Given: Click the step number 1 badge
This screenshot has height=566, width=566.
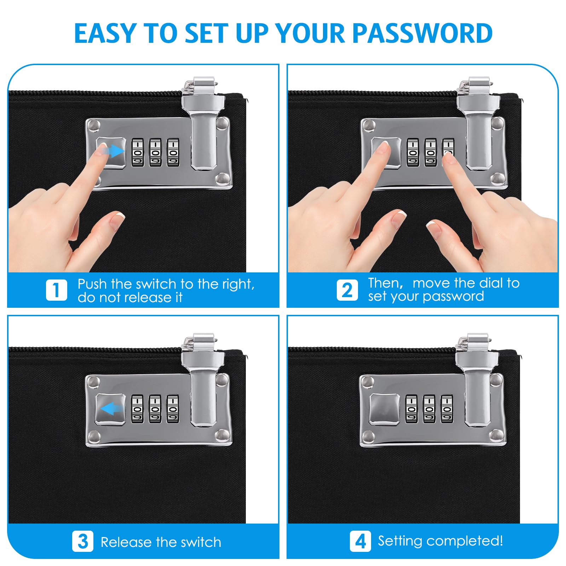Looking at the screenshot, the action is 56,290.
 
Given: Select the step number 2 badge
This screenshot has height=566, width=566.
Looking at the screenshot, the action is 347,290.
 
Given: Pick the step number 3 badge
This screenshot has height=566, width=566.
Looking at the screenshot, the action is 82,541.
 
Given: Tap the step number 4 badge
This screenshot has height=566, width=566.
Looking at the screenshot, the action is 360,541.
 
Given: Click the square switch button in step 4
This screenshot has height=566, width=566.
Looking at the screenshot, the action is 385,409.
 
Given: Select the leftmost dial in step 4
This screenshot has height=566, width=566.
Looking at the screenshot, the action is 411,409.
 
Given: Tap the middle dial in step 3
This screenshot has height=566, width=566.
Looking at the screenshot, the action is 155,409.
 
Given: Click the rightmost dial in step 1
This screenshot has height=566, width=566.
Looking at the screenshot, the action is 173,152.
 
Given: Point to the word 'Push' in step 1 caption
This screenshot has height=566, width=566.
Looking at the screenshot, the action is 92,284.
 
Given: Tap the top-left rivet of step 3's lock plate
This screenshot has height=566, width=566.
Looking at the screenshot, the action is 94,381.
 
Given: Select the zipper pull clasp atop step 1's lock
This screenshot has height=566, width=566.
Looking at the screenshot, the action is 200,85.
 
